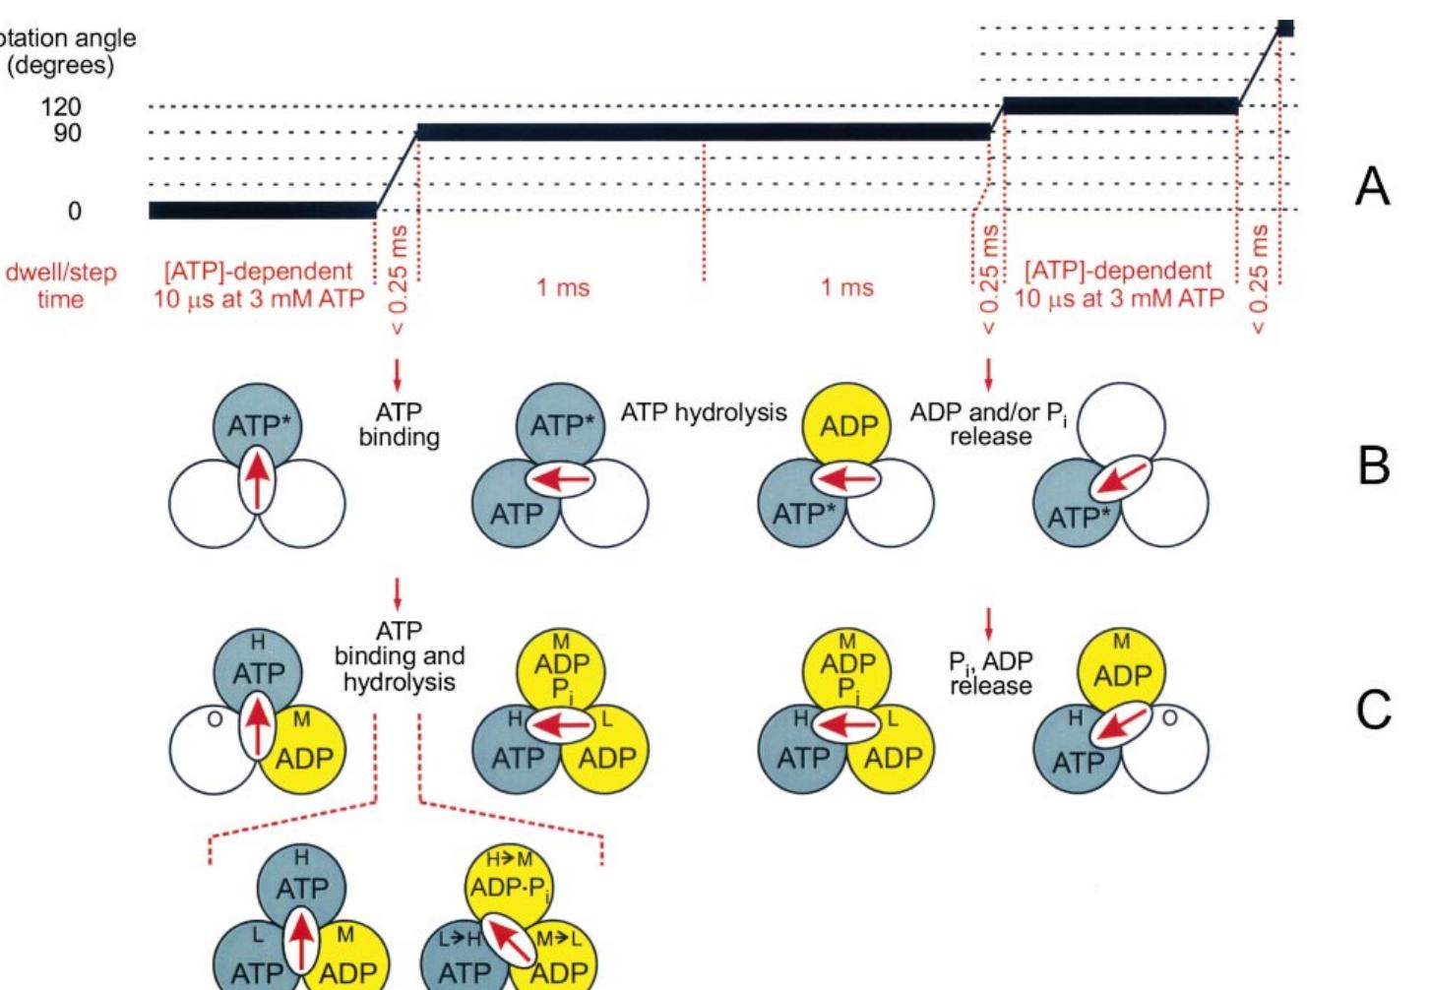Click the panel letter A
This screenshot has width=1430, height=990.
[1372, 185]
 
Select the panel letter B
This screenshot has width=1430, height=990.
[1373, 464]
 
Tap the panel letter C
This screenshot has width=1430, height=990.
[1373, 709]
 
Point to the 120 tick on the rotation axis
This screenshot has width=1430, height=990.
[61, 106]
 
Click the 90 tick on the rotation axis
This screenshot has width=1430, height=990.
[67, 133]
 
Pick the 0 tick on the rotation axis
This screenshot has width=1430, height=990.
[74, 211]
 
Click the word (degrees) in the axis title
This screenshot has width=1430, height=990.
[60, 66]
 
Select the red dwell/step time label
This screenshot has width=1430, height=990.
[60, 285]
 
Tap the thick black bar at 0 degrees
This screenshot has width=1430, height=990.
[262, 210]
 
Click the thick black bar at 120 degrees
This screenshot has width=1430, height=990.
[1120, 105]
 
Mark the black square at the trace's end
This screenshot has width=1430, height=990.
[1284, 28]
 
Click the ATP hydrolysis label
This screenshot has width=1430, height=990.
[703, 413]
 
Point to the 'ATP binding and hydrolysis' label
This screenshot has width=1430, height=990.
[399, 656]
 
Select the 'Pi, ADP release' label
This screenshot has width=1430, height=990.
[990, 673]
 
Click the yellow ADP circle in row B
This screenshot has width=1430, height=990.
[847, 426]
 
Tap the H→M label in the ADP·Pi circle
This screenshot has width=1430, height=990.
[509, 860]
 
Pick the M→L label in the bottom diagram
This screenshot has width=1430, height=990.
[558, 940]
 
